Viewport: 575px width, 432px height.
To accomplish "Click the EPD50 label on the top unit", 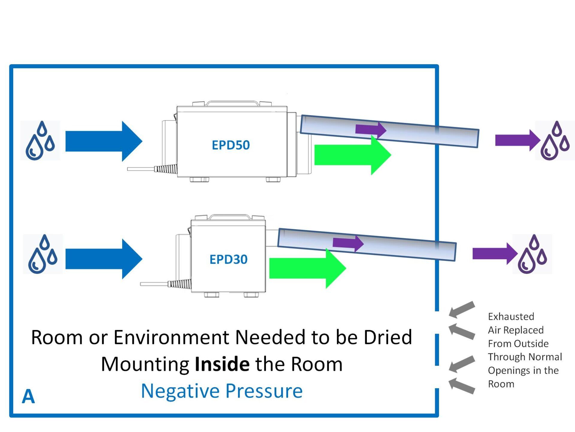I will pos(230,145).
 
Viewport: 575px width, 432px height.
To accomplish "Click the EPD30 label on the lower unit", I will pos(228,259).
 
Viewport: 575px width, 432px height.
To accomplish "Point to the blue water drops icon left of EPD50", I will pos(40,140).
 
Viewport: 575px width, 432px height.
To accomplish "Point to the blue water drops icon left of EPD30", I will pos(43,254).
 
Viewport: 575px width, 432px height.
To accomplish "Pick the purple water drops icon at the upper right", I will pos(555,140).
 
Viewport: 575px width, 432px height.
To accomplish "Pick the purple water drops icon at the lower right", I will pos(532,254).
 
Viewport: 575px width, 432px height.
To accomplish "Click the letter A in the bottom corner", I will pos(28,396).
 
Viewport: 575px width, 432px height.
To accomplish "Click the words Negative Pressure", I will pos(222,391).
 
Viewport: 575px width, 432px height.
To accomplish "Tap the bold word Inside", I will pos(222,364).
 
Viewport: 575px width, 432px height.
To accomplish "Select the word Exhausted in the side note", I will pos(511,316).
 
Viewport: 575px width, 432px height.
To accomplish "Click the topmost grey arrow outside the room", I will pos(462,309).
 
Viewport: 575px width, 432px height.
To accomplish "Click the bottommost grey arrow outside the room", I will pos(462,386).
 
